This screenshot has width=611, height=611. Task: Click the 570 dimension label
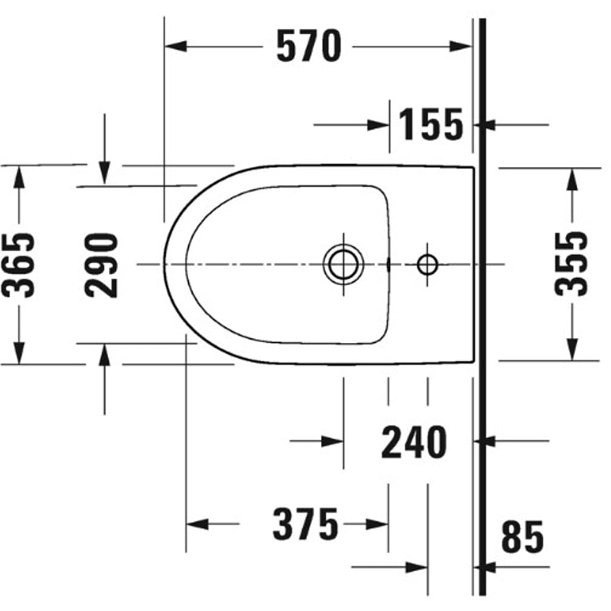(309, 46)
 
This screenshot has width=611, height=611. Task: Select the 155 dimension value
(431, 125)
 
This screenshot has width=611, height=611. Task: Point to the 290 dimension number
(101, 265)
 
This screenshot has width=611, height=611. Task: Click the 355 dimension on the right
(572, 263)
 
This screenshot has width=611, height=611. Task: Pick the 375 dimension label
(305, 524)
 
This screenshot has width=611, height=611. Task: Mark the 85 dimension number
(522, 538)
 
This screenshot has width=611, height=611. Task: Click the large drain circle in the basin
(343, 265)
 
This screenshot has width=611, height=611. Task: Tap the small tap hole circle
(427, 265)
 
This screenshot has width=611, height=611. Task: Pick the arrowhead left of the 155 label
(378, 125)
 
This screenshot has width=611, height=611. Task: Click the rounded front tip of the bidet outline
(165, 265)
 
